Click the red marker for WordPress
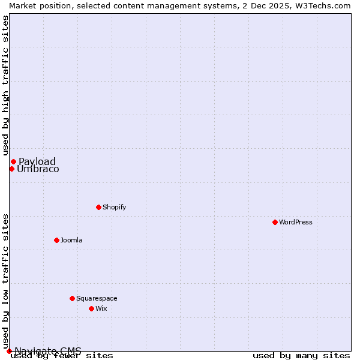point(275,222)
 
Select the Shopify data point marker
point(98,207)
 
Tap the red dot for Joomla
point(56,240)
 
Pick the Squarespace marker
point(72,298)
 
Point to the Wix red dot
point(91,308)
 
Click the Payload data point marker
point(13,161)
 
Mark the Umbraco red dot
point(11,169)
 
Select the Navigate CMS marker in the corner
point(9,351)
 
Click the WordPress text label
point(296,222)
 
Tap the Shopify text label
point(115,207)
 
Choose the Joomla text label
point(71,240)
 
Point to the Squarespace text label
point(97,298)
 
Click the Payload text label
point(37,161)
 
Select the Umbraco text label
point(38,169)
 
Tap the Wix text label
point(101,308)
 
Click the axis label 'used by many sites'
point(301,355)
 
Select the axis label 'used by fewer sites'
point(62,355)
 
